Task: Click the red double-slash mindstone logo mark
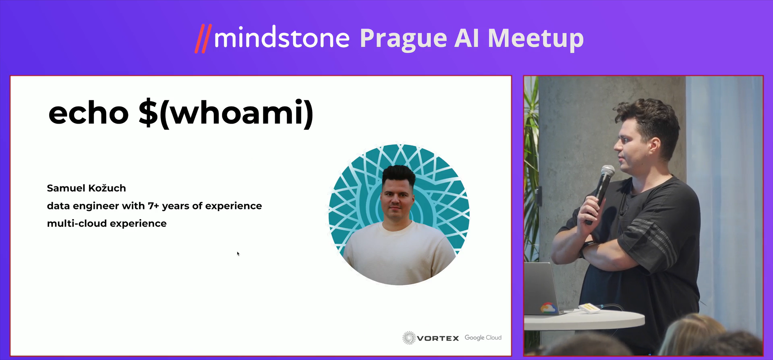coord(203,39)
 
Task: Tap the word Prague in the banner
coord(403,39)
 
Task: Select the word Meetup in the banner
coord(536,39)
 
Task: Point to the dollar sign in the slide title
coord(148,113)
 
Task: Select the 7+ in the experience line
coord(153,206)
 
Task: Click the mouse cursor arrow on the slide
coord(238,254)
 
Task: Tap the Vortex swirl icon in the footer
coord(409,338)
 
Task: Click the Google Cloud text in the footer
coord(483,337)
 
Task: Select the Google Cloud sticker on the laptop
coord(547,308)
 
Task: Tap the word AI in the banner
coord(467,39)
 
